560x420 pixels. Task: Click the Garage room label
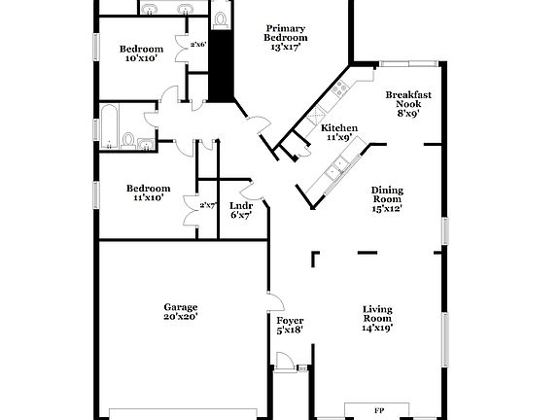tap(180, 306)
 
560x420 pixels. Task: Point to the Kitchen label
tap(339, 128)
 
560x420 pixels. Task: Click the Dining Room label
tap(387, 195)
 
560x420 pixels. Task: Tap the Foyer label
tap(290, 320)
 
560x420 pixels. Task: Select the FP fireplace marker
tap(378, 411)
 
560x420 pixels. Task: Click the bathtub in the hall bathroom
tap(112, 128)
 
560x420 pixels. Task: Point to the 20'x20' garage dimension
tap(180, 317)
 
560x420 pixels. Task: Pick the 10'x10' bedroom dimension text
tap(141, 58)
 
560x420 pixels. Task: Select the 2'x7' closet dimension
tap(207, 205)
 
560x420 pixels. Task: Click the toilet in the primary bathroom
tap(221, 17)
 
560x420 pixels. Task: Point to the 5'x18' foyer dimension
tap(290, 330)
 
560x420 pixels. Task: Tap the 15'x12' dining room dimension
tap(387, 207)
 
